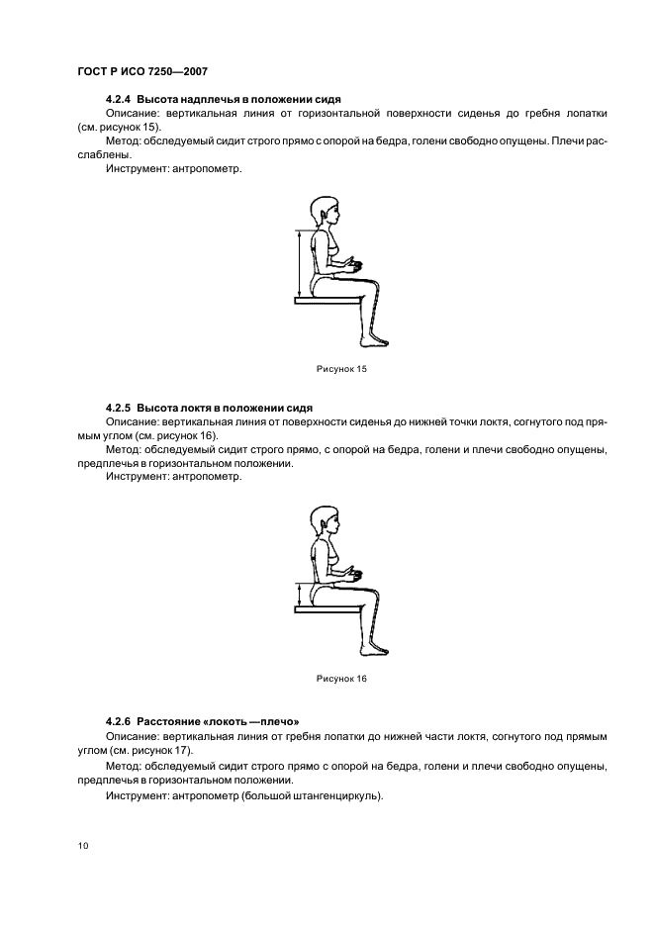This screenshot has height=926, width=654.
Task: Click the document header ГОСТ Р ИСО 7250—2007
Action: pyautogui.click(x=141, y=72)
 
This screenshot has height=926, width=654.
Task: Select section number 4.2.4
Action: pyautogui.click(x=118, y=101)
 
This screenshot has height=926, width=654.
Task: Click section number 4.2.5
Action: pyautogui.click(x=118, y=407)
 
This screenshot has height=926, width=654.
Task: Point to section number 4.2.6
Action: pyautogui.click(x=118, y=721)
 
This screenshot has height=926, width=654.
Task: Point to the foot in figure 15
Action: pyautogui.click(x=374, y=341)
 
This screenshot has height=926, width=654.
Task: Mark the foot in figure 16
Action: pyautogui.click(x=374, y=651)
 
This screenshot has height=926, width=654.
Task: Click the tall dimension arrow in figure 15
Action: pyautogui.click(x=296, y=264)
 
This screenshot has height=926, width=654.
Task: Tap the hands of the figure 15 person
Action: pyautogui.click(x=354, y=264)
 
